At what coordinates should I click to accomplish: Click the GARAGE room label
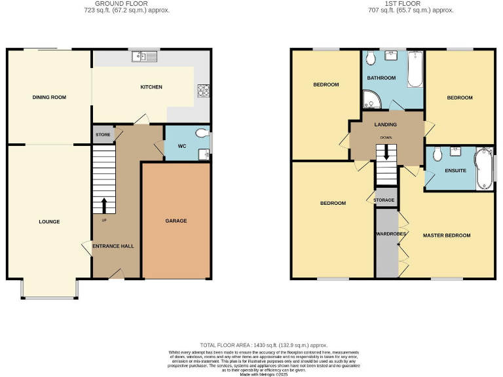click(x=176, y=221)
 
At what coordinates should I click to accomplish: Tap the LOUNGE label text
click(x=49, y=222)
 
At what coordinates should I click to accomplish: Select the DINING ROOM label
click(x=49, y=98)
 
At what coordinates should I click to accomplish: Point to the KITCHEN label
click(x=151, y=87)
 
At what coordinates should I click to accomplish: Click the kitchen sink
click(x=145, y=57)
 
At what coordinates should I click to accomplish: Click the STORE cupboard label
click(x=103, y=135)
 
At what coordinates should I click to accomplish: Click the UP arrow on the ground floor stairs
click(x=103, y=204)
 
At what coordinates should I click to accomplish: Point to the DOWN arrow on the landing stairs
click(x=386, y=153)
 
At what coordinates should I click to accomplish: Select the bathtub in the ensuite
click(x=484, y=168)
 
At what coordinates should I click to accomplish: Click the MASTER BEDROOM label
click(x=447, y=235)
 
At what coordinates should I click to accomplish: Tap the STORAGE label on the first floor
click(x=384, y=200)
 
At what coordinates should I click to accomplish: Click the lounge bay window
click(x=49, y=298)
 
